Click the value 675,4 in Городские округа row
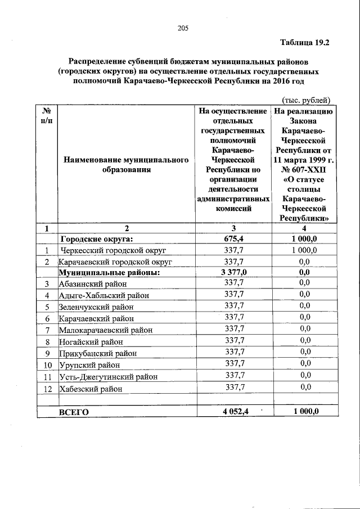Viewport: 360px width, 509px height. [232, 238]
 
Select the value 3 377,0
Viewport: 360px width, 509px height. [232, 273]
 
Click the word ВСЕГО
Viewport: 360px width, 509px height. [74, 412]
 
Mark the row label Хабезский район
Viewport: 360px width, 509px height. [89, 388]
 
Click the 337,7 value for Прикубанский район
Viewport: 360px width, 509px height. [235, 353]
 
